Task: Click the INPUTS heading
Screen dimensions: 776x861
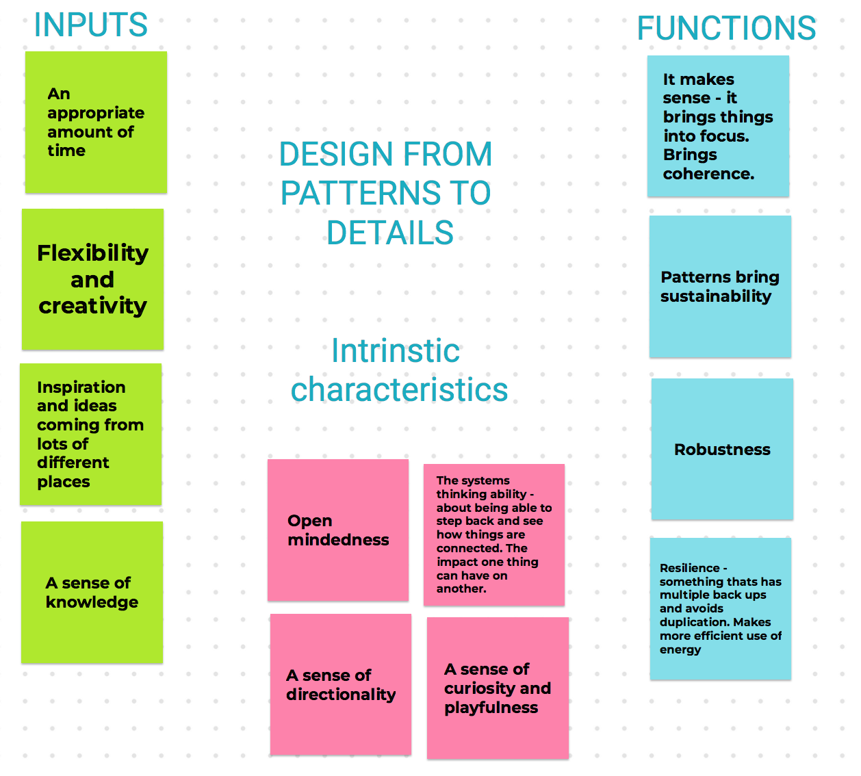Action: click(90, 25)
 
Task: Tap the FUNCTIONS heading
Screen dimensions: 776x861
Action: click(726, 29)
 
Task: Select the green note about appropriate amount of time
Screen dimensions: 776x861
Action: click(96, 122)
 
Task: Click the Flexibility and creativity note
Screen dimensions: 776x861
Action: click(92, 279)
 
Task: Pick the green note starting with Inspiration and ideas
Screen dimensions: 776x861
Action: click(90, 434)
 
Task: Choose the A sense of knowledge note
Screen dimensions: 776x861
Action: click(92, 592)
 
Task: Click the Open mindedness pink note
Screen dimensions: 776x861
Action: click(338, 530)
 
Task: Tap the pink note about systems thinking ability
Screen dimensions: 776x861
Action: click(494, 534)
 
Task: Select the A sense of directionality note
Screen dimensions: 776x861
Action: click(341, 684)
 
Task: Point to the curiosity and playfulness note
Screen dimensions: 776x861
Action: click(498, 688)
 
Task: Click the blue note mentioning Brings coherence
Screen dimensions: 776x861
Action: click(718, 127)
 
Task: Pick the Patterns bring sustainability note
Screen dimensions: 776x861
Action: click(720, 287)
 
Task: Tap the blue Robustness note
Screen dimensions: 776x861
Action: click(722, 450)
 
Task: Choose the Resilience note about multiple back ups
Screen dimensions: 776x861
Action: click(720, 608)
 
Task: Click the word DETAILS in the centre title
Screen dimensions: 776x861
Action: click(390, 233)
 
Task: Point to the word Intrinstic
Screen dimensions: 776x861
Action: click(396, 351)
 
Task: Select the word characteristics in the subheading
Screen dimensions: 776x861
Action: click(400, 390)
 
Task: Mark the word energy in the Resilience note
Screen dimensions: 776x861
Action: click(680, 649)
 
